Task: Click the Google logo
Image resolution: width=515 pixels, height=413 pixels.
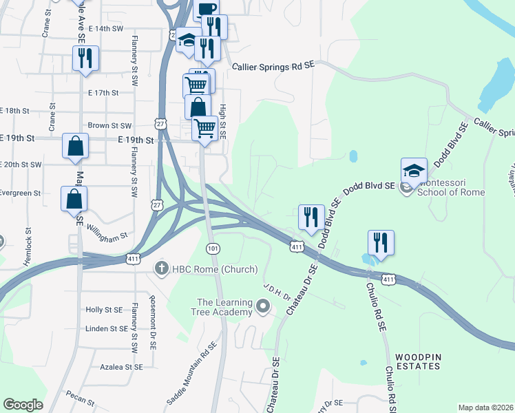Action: point(23,405)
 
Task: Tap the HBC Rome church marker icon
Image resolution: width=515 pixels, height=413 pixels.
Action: point(162,268)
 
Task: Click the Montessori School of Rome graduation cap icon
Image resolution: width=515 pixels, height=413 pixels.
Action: point(414,171)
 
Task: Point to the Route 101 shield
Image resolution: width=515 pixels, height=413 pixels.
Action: point(212,247)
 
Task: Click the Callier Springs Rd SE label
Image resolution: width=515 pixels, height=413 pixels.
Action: point(273,66)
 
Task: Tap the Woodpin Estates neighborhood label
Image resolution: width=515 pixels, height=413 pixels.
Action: point(417,361)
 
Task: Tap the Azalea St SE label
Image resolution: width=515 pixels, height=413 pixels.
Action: point(120,368)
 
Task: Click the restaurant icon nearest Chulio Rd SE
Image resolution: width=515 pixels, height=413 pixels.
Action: point(380,242)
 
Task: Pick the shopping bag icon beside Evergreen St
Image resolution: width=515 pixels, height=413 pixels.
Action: point(74,199)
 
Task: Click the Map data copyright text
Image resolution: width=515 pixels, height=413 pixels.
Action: point(486,407)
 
